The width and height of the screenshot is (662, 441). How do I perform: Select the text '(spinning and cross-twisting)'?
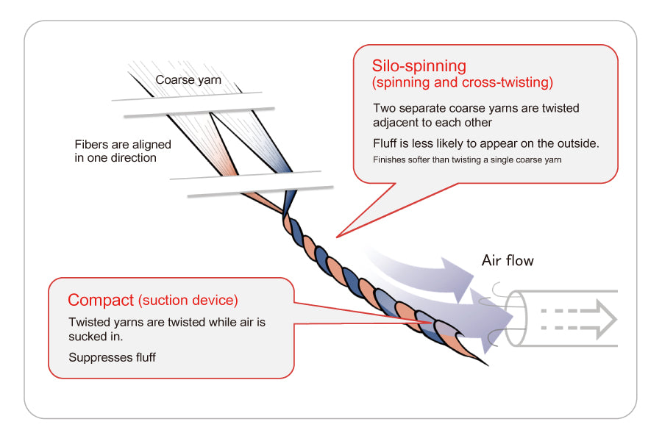pos(462,82)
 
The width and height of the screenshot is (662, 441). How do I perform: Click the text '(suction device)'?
pos(188,300)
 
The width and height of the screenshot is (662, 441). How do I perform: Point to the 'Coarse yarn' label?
pos(188,80)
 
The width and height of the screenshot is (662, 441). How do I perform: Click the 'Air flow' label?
pos(508,260)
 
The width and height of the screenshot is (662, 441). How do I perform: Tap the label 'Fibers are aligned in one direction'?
pos(123,151)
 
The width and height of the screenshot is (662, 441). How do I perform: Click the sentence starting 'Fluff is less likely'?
pos(485,143)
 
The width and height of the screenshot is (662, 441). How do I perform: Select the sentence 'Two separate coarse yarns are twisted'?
pos(476,108)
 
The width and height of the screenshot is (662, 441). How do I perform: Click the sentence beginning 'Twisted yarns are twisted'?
pos(166,322)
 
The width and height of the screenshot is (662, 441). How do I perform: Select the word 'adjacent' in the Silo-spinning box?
pos(396,123)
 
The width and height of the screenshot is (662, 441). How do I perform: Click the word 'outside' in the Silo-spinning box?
pos(577,143)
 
